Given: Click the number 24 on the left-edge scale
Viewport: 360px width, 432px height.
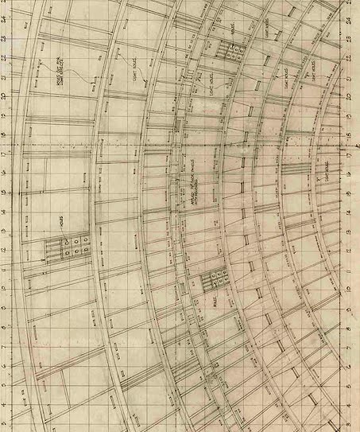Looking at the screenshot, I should (x=4, y=18).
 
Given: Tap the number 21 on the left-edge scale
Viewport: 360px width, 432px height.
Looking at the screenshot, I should (x=4, y=76).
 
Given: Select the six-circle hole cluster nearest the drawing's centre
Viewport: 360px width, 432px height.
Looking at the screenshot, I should (x=215, y=279).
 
